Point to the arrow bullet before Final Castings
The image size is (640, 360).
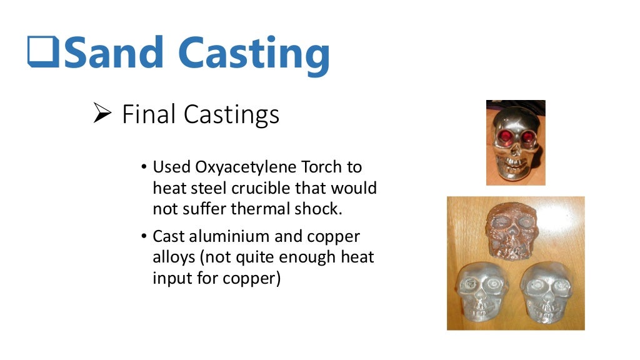101,114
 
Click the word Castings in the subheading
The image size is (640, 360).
231,115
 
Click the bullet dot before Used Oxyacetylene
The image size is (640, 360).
144,168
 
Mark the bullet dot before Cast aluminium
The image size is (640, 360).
144,237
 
